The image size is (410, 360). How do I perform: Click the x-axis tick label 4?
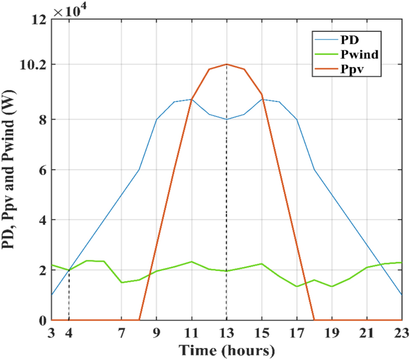(69, 334)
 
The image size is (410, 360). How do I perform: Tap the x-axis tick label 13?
(227, 334)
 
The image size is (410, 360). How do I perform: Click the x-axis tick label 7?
(122, 334)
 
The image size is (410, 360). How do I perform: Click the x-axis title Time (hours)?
(227, 350)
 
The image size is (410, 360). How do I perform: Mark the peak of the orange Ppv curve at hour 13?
(227, 64)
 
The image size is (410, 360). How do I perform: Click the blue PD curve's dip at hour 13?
(227, 119)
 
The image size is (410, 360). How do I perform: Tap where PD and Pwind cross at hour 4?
(69, 270)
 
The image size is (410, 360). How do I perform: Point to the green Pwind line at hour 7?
(122, 282)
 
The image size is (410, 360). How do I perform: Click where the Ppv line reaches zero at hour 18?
(314, 320)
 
